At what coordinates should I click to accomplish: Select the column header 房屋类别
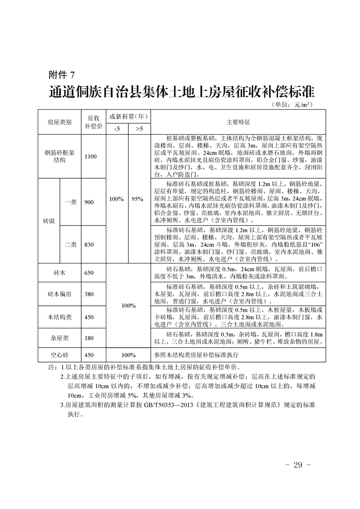coord(59,122)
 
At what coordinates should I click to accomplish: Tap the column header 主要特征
coord(238,122)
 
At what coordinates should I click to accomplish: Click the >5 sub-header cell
coord(139,129)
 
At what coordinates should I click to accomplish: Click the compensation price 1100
coord(91,157)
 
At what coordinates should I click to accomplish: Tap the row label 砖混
coord(49,221)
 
